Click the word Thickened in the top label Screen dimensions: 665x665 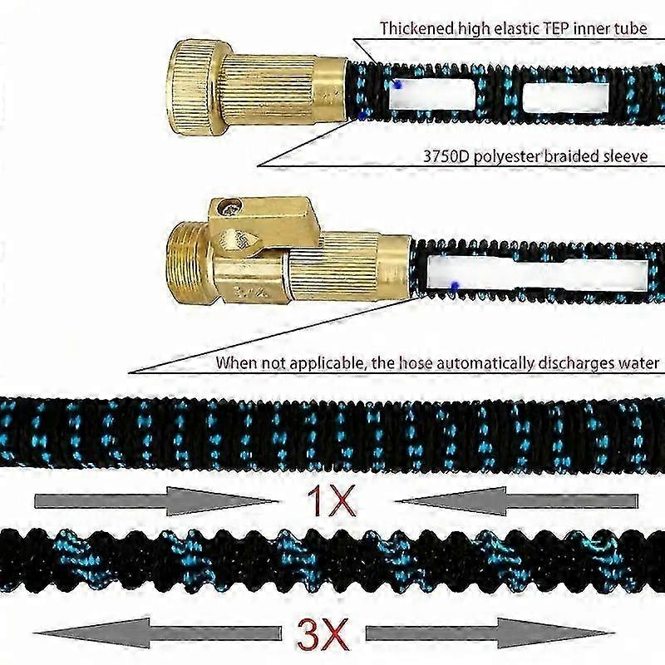[x=416, y=28]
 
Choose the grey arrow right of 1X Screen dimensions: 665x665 [x=515, y=501]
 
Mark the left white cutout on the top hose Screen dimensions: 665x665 [x=431, y=95]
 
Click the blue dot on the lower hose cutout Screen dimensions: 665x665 [x=454, y=287]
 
